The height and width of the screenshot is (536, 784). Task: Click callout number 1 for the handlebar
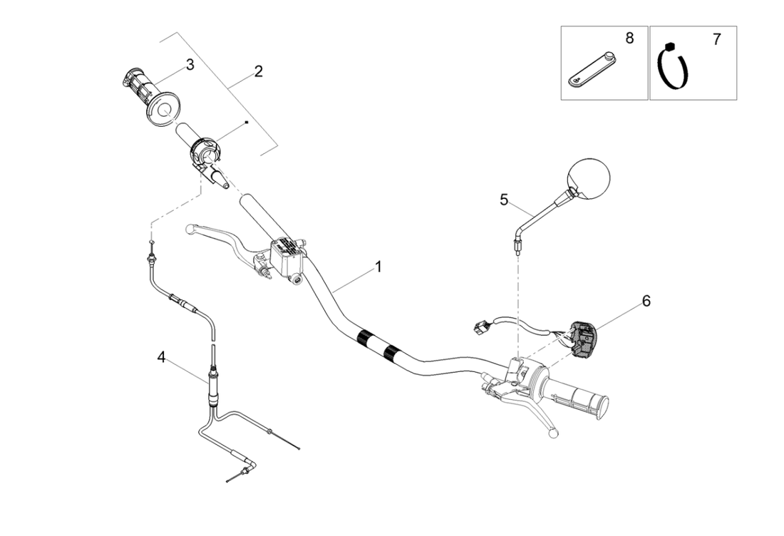pos(378,267)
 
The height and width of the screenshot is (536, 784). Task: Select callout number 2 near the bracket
pos(258,71)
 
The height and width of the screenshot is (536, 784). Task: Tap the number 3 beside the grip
pos(190,65)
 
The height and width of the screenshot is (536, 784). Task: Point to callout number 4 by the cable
pos(162,356)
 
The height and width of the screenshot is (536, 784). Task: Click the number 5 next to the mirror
pos(505,200)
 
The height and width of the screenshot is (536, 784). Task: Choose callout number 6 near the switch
pos(646,301)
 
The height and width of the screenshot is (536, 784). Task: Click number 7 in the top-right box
pos(716,40)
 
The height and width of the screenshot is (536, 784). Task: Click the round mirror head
pos(589,178)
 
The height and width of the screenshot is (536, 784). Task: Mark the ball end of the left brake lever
pos(189,230)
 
